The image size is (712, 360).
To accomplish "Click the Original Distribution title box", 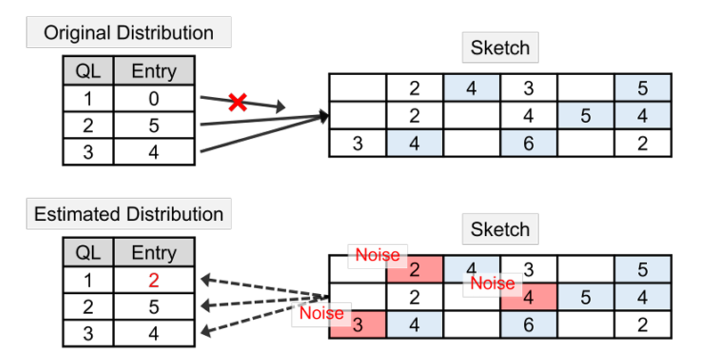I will (129, 33).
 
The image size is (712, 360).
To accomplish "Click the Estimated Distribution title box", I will (128, 214).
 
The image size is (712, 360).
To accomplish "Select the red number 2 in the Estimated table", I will (153, 280).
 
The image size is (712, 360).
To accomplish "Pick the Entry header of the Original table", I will (153, 71).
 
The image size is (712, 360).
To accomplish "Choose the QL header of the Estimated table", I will (88, 253).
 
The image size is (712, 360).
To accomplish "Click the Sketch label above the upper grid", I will (501, 47).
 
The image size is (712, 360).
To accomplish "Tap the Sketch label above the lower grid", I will (501, 229).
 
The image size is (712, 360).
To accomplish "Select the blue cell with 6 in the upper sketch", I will (528, 143).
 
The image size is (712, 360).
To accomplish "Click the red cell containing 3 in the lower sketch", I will (358, 324).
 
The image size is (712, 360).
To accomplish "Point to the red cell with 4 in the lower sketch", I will (528, 296).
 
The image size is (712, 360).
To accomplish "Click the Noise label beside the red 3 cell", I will (322, 313).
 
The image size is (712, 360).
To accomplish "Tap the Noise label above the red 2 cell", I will (378, 255).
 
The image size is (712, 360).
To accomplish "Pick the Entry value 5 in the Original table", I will (153, 125).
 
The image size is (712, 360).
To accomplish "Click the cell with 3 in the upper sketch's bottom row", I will (358, 143).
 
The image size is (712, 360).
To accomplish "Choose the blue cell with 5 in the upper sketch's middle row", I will (585, 115).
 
